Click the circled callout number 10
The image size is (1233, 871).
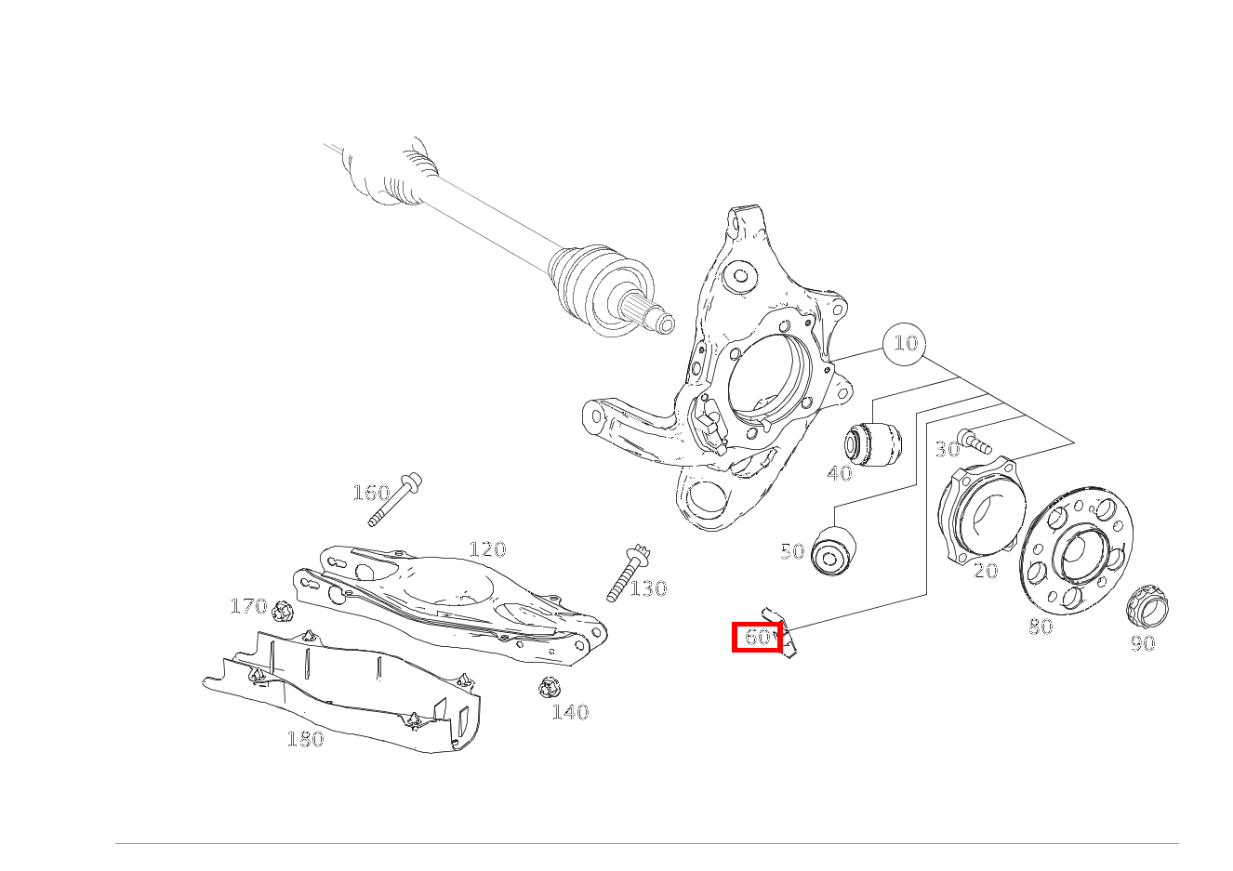(905, 344)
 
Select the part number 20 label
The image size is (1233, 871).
(986, 571)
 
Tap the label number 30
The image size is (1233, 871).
(947, 450)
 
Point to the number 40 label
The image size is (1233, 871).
(839, 473)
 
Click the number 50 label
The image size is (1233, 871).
(792, 552)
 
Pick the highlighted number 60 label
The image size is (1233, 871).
(757, 637)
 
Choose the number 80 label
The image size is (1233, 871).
(1041, 627)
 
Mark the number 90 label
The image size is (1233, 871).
(1142, 643)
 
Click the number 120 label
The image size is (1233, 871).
(487, 549)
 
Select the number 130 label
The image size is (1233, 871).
(648, 588)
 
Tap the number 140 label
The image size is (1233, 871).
(570, 712)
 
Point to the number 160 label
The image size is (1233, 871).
(370, 493)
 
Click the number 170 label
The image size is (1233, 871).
(248, 607)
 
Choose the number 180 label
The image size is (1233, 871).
(305, 739)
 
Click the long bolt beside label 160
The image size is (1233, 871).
(394, 500)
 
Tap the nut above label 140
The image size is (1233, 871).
(549, 688)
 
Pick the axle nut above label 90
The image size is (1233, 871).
(1147, 608)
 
